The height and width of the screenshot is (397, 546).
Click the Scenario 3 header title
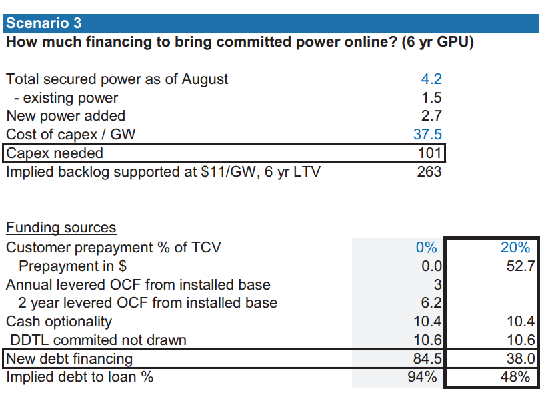tap(43, 23)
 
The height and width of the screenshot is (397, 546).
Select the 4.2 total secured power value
tap(431, 79)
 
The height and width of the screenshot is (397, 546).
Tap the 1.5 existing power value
tap(431, 98)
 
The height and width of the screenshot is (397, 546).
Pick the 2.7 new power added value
tap(431, 116)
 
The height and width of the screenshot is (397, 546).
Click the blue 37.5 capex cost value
tap(427, 135)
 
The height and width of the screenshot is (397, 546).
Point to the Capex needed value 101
tap(430, 153)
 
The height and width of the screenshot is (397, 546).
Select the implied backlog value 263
tap(429, 172)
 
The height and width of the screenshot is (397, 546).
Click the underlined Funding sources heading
tap(61, 228)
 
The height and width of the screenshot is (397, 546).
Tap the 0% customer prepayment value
tap(427, 247)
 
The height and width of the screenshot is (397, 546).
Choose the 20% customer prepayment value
tap(515, 247)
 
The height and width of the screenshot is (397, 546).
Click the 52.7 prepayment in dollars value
tap(521, 266)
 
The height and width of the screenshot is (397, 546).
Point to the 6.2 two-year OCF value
tap(431, 302)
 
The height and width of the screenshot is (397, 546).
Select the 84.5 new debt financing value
tap(427, 359)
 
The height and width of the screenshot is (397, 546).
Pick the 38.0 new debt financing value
tap(521, 359)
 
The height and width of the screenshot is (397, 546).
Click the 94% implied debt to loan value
tap(423, 377)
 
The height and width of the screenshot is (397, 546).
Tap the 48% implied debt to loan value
tap(515, 377)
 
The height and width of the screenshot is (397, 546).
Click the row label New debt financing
tap(69, 359)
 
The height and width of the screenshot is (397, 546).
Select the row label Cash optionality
tap(59, 322)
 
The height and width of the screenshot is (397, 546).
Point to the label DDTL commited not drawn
tap(98, 340)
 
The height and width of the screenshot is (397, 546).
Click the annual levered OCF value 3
tap(438, 284)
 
